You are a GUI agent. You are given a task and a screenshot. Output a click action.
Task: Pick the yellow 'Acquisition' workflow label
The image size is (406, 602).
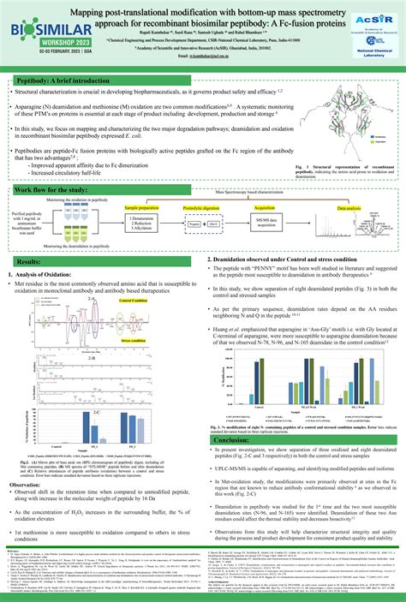[x=264, y=208]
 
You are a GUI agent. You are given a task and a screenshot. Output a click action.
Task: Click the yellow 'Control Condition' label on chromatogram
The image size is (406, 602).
[x=133, y=301]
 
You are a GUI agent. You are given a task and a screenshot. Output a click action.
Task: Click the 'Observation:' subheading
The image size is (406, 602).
[x=30, y=485]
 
